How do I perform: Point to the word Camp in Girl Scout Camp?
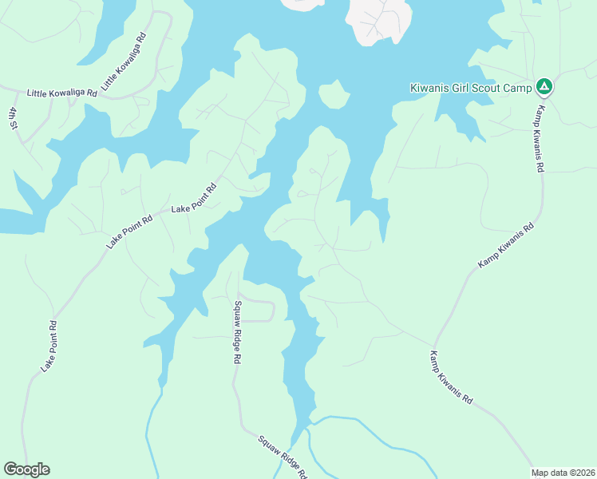[x=516, y=87]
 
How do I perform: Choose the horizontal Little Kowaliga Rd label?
[x=61, y=93]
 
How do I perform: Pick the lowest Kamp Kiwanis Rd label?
[x=452, y=377]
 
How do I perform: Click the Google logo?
[x=26, y=469]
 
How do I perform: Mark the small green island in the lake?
[x=334, y=95]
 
